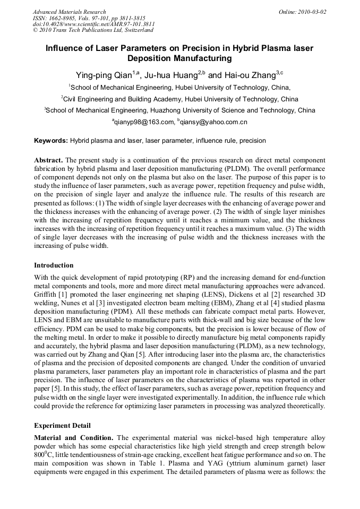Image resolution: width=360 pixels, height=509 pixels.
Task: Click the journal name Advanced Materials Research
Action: (69, 12)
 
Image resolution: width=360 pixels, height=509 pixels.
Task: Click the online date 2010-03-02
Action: (310, 12)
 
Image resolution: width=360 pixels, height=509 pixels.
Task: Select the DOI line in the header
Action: (94, 24)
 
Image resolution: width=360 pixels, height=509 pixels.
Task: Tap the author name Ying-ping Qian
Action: (104, 75)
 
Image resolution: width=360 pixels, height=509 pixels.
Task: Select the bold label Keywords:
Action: (50, 141)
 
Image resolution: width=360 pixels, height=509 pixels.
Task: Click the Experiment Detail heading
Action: (62, 426)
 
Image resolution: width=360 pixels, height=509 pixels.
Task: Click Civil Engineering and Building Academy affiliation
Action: (129, 99)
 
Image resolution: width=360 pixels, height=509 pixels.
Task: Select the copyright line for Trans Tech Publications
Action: (93, 30)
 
